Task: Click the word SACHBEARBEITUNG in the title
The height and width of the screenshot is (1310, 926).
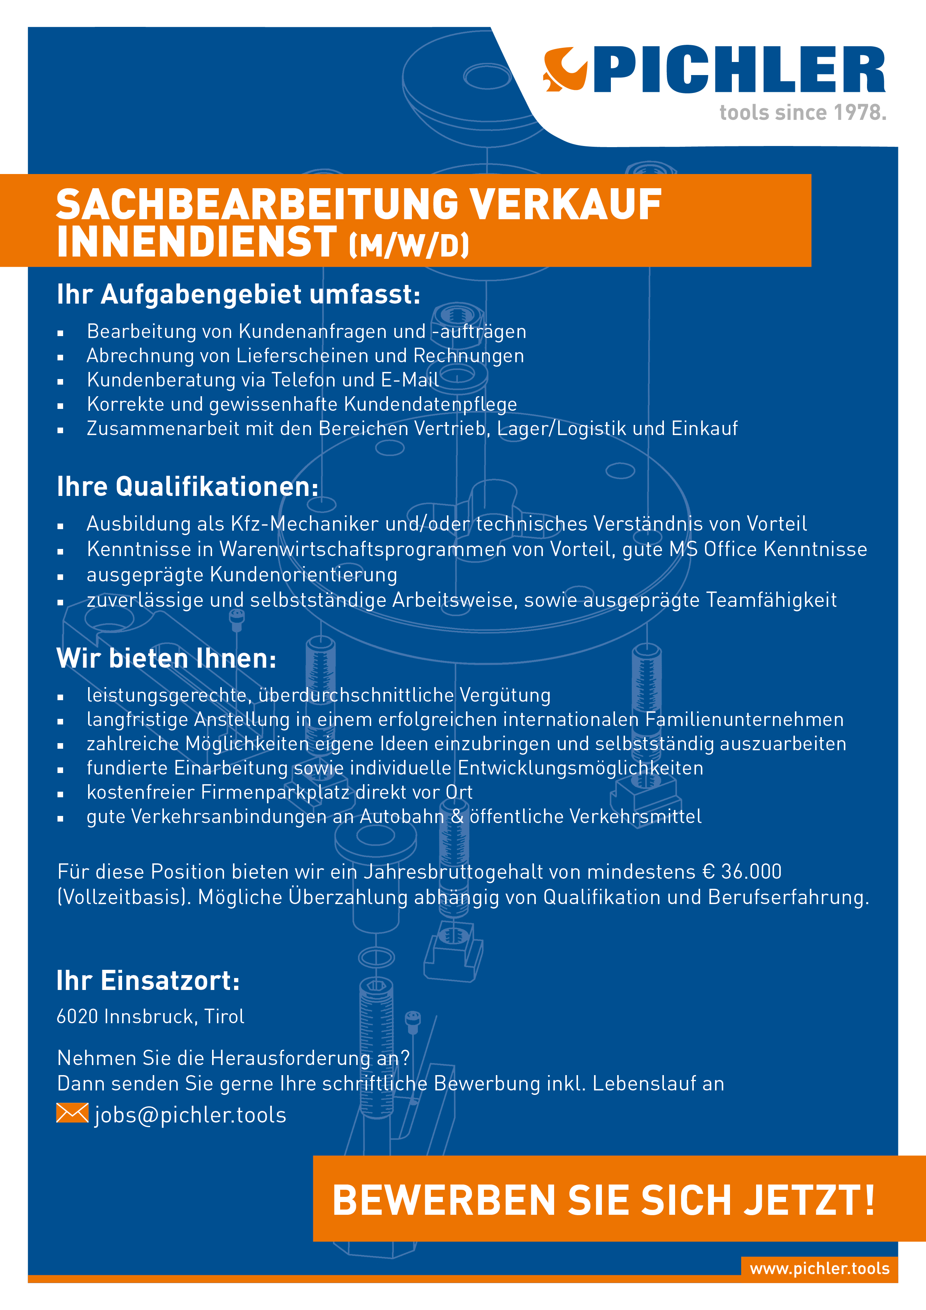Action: click(x=257, y=205)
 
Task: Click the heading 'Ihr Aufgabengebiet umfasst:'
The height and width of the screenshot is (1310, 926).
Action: click(x=239, y=295)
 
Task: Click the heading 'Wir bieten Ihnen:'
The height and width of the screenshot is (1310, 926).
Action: click(x=167, y=658)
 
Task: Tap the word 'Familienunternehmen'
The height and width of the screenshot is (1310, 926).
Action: click(x=744, y=720)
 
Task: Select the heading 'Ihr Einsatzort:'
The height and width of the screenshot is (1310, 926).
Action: click(x=148, y=981)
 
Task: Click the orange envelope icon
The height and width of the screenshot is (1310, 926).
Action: click(x=72, y=1113)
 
